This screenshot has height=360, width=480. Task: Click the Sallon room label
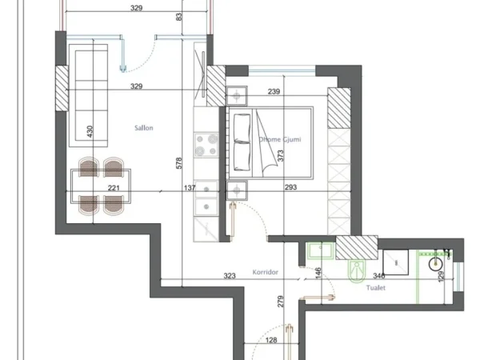coord(143,127)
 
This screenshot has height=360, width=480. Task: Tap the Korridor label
coord(265,272)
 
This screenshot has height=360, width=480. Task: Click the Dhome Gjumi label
coord(279,139)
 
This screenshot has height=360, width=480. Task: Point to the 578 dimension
coord(180,163)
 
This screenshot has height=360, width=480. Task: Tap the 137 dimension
coord(190,190)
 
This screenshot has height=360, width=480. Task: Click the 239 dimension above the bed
coord(274,92)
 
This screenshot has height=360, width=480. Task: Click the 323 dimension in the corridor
coord(230,276)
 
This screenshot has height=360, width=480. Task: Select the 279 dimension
coord(280,302)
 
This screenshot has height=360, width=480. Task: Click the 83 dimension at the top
coord(179,16)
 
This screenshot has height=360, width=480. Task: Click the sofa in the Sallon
coord(86,92)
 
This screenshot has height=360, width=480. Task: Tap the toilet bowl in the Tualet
coord(357,270)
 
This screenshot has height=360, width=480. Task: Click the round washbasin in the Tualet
coord(437,262)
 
